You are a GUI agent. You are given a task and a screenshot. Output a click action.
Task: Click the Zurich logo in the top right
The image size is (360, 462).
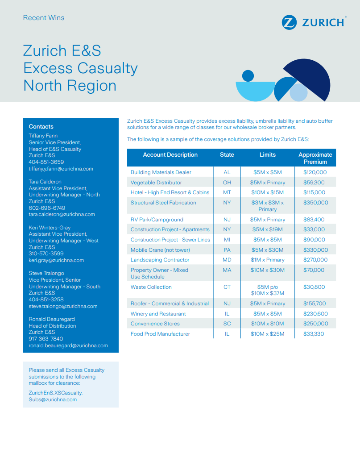[314, 22]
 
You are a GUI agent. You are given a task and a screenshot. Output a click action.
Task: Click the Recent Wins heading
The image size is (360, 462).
[44, 18]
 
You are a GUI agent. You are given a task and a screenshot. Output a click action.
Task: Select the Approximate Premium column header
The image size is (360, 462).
[315, 158]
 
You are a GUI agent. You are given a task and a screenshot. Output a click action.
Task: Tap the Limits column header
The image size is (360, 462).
[268, 155]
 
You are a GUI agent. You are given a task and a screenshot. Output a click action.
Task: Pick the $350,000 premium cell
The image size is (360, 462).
[315, 203]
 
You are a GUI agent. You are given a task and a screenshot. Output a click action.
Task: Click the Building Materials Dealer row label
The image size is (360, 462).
[161, 172]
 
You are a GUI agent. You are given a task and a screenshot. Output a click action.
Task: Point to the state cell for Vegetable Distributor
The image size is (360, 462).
[227, 183]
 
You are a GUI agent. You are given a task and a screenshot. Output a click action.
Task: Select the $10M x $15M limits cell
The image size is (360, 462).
[267, 192]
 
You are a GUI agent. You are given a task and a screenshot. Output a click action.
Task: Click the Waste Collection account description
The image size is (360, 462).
[151, 287]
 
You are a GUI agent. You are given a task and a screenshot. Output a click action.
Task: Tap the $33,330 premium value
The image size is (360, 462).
[314, 334]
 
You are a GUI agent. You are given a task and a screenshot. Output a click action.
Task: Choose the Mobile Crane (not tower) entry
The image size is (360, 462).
[160, 250]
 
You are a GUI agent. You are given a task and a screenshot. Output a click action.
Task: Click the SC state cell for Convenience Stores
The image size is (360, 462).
[227, 324]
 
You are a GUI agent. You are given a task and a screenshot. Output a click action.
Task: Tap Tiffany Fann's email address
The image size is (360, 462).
[61, 169]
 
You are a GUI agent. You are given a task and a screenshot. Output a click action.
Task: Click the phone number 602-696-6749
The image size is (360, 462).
[47, 208]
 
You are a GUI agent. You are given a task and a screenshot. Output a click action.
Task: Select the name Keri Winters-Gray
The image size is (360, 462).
[50, 228]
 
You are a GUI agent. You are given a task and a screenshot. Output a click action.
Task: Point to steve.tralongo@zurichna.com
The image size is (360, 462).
[63, 306]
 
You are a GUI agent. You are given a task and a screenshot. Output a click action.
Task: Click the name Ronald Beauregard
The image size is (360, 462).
[52, 319]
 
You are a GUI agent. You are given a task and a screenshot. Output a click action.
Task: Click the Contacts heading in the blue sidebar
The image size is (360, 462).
[41, 127]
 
